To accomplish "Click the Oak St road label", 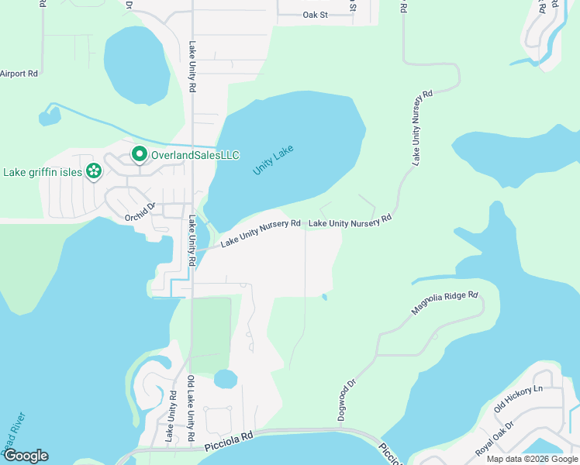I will click(316, 15).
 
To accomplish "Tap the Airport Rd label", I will click(19, 74).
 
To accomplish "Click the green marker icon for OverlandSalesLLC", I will click(140, 155).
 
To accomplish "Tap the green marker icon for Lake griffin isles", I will click(94, 171).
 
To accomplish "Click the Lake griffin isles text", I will click(42, 172).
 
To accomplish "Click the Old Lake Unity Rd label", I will click(191, 410).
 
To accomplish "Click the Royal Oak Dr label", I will click(495, 439).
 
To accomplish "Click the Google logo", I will click(26, 456).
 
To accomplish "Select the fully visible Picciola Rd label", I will click(230, 439).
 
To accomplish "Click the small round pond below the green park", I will click(225, 380).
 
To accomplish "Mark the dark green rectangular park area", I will click(210, 333).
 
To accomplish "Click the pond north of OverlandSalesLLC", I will click(136, 66).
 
